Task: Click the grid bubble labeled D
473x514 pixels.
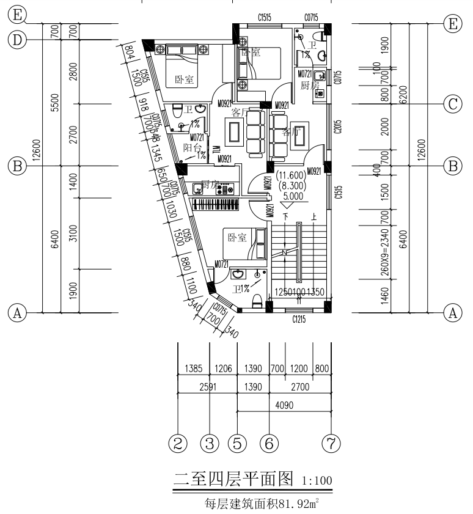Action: click(x=18, y=40)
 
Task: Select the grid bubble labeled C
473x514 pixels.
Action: click(x=453, y=104)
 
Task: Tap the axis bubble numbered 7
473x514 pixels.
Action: click(x=332, y=443)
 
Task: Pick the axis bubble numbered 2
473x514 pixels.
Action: click(x=177, y=443)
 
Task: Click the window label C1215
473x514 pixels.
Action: click(x=299, y=318)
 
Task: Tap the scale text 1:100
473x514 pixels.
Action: click(x=317, y=481)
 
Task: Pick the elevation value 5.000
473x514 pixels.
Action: click(x=295, y=197)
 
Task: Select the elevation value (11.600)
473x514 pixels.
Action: click(x=295, y=175)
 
